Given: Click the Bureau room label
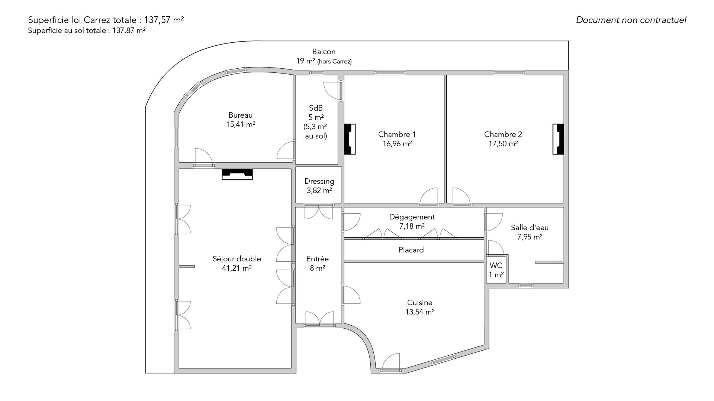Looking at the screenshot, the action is click(x=241, y=115).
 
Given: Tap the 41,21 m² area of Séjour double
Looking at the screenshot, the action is click(x=237, y=268).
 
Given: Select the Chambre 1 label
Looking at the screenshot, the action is click(x=397, y=134).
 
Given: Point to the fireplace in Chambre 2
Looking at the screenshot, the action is click(x=558, y=139).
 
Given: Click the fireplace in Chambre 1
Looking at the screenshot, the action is click(x=350, y=139).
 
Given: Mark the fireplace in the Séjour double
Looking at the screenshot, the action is click(x=237, y=175).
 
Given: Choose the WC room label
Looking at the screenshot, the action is click(x=496, y=265).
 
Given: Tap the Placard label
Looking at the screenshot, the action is click(x=411, y=250).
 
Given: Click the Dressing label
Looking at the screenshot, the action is click(x=319, y=181).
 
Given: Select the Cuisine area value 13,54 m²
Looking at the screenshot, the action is click(x=420, y=312).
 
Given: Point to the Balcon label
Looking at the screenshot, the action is click(x=324, y=52).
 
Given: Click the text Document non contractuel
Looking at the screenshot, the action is click(x=631, y=20).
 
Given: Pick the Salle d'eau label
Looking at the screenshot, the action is click(x=530, y=228).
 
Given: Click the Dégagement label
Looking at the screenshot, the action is click(x=412, y=217).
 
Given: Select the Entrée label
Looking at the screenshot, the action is click(x=318, y=259).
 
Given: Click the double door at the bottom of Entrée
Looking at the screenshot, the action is click(x=319, y=319).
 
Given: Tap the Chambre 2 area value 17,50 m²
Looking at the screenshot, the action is click(x=503, y=144).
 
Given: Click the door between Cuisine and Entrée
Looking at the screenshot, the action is click(x=351, y=294).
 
